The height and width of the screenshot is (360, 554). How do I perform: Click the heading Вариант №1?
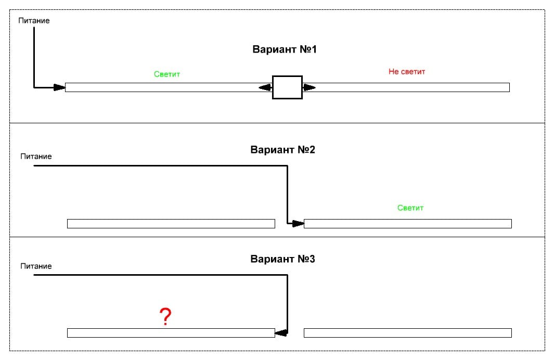pyautogui.click(x=285, y=50)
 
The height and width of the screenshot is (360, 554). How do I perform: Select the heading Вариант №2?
pyautogui.click(x=282, y=150)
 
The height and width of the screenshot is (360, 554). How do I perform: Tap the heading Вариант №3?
pyautogui.click(x=282, y=259)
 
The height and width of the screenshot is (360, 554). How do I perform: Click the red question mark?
pyautogui.click(x=165, y=316)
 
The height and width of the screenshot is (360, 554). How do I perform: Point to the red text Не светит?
pyautogui.click(x=407, y=72)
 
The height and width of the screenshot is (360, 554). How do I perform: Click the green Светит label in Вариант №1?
pyautogui.click(x=167, y=74)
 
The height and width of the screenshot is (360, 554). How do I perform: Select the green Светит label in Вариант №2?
pyautogui.click(x=410, y=208)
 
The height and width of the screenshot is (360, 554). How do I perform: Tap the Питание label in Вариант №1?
pyautogui.click(x=34, y=21)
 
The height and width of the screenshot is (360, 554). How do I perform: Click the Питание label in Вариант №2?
pyautogui.click(x=36, y=156)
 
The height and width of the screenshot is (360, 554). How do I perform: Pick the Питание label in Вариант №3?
pyautogui.click(x=36, y=266)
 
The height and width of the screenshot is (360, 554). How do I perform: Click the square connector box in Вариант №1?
pyautogui.click(x=287, y=87)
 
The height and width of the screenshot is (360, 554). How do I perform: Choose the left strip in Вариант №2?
pyautogui.click(x=171, y=224)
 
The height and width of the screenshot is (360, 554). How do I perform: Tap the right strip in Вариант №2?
pyautogui.click(x=407, y=224)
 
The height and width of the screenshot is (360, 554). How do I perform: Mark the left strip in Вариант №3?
pyautogui.click(x=171, y=333)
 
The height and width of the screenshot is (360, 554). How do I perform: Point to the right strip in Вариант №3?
pyautogui.click(x=407, y=333)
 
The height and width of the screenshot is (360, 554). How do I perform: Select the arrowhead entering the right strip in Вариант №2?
pyautogui.click(x=298, y=224)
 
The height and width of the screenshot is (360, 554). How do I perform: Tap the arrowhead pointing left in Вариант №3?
pyautogui.click(x=281, y=332)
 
